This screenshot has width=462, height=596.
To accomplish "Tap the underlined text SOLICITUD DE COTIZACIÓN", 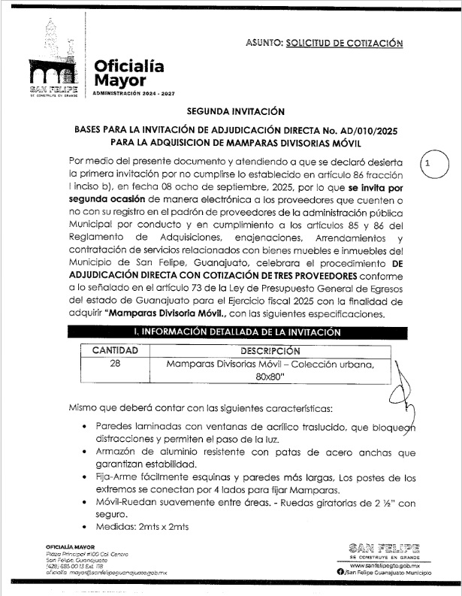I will click(x=344, y=43).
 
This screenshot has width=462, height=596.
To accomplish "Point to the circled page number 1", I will click(x=427, y=163).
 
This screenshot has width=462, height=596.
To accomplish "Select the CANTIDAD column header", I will click(x=115, y=350).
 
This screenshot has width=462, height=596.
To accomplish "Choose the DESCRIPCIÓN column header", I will click(x=270, y=350).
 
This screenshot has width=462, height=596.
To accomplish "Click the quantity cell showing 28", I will click(x=115, y=365).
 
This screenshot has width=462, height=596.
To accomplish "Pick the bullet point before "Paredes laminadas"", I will click(x=83, y=427).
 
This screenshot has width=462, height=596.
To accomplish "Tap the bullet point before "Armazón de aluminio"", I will click(x=83, y=452).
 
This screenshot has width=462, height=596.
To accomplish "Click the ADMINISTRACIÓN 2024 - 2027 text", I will click(x=131, y=93).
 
